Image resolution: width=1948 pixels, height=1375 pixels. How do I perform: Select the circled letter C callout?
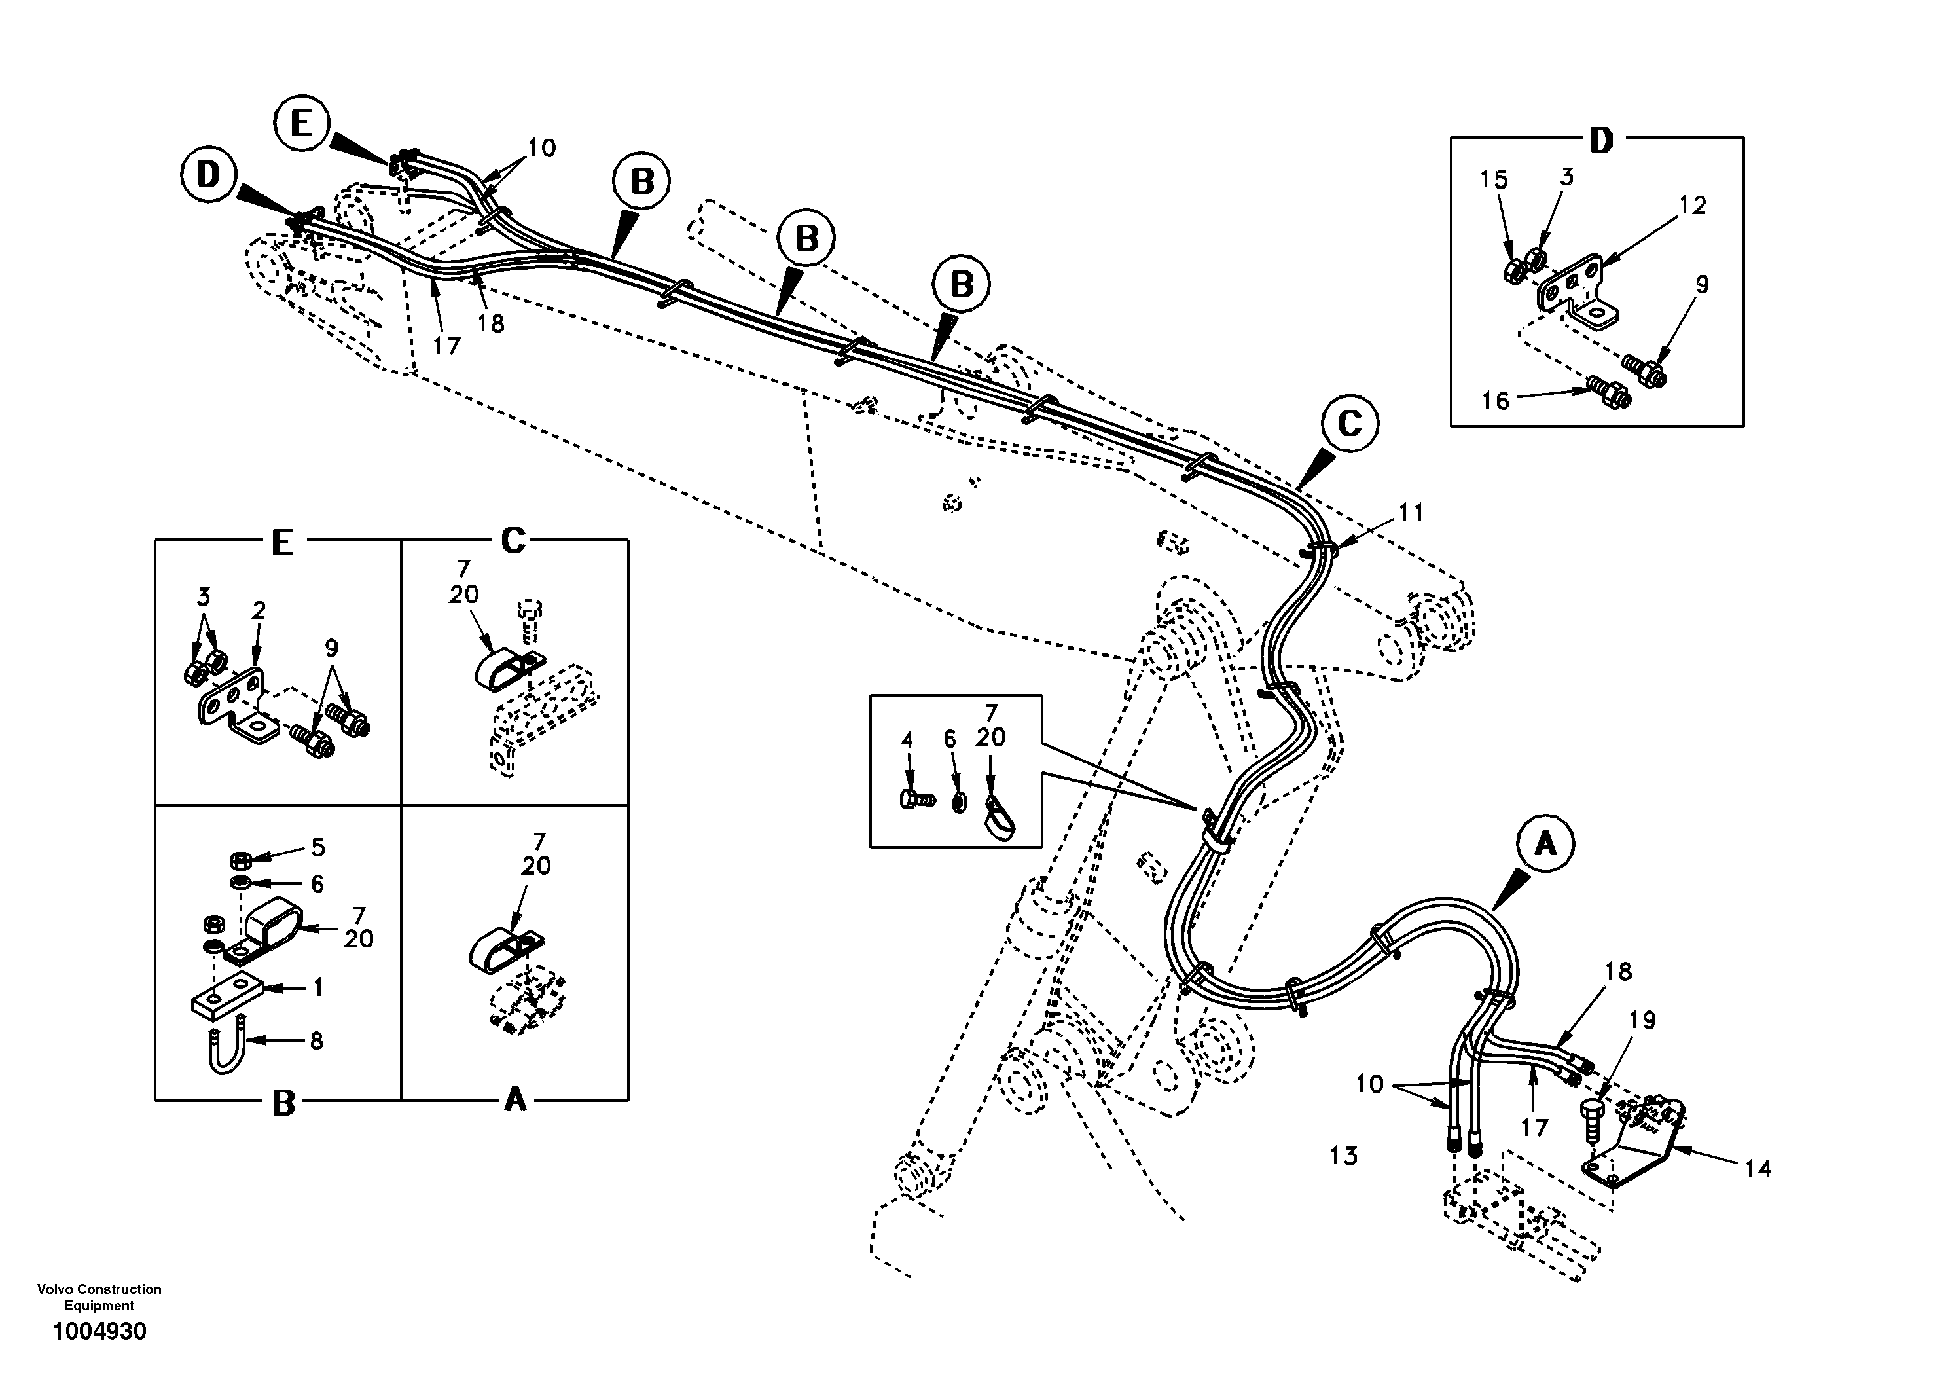coord(1349,423)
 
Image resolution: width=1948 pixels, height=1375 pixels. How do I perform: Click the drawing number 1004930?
coord(99,1331)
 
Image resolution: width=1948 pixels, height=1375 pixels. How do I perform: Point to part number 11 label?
coord(1411,512)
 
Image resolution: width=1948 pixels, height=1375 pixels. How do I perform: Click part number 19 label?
coord(1642,1020)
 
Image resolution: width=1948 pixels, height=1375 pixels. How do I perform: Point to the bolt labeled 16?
coord(1608,392)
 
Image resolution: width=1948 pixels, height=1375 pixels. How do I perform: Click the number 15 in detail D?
coord(1494,180)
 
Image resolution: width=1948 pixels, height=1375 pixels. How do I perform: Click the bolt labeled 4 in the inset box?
coord(914,799)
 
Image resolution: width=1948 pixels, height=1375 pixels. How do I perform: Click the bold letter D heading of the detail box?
coord(1600,141)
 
